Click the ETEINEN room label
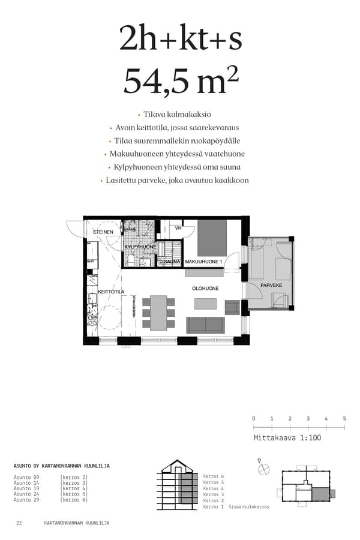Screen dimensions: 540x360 coord(103,232)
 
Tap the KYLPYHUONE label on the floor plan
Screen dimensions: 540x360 coord(140,247)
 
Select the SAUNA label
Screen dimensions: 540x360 coord(172,262)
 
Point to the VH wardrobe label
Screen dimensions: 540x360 coord(178,229)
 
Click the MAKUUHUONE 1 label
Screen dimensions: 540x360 coord(203,262)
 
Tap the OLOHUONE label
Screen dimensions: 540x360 coord(205,289)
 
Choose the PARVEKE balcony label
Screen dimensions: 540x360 coord(271,285)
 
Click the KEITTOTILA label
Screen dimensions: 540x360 coord(111,292)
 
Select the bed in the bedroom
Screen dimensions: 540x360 coord(212,238)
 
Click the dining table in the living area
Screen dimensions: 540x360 coord(158,313)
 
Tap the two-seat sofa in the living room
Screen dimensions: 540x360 coord(205,325)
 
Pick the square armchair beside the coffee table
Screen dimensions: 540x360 coord(232,307)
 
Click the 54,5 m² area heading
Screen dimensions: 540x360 coord(176,82)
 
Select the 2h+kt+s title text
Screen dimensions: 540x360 coord(180,39)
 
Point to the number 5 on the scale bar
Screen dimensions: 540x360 coord(344,418)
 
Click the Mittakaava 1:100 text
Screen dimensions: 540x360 coord(287,438)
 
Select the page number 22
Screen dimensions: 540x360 coord(19,523)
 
